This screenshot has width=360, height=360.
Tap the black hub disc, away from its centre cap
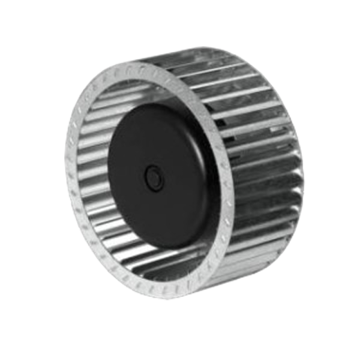(x=129, y=150)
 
